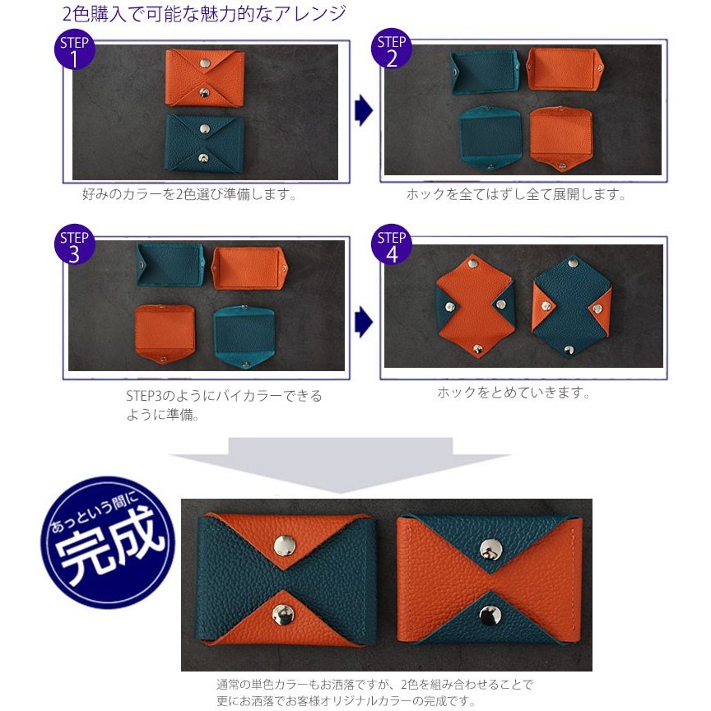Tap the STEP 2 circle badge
392,51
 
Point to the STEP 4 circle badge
392,246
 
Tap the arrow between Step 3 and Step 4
363,322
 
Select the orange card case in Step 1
204,77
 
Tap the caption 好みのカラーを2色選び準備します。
189,195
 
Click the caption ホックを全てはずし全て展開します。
516,195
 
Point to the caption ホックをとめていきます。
513,393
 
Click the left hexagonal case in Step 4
474,306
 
